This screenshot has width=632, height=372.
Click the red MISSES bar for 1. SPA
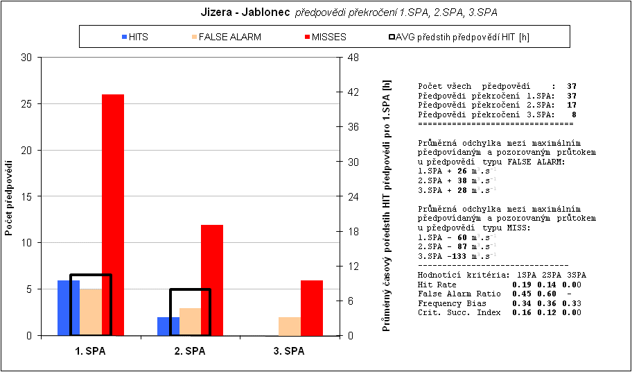113,214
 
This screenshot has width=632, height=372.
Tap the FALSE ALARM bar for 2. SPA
190,321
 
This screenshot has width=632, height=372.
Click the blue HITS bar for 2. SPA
168,326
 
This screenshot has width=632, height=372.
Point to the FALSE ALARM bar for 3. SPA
290,326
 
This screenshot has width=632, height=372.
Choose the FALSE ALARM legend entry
225,37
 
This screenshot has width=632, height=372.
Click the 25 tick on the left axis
28,104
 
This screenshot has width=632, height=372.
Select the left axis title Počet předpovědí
10,198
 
